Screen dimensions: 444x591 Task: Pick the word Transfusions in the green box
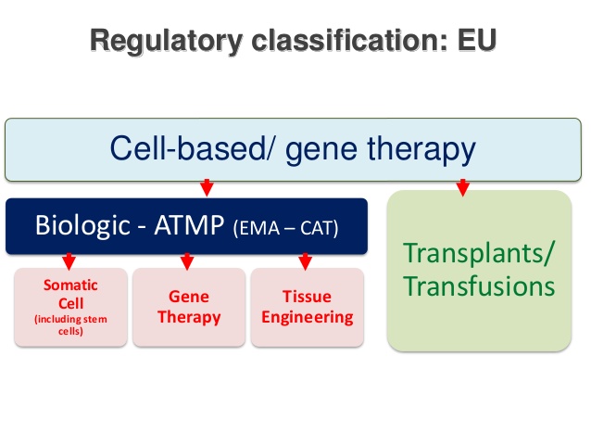coord(479,285)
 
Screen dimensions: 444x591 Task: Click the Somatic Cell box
coord(70,307)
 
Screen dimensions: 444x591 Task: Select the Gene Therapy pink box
coord(189,307)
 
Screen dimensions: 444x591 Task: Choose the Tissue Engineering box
coord(307,307)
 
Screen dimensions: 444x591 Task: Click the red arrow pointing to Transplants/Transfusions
coord(462,188)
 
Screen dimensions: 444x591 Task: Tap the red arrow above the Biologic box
coord(207,188)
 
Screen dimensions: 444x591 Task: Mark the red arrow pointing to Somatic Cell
coord(68,260)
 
